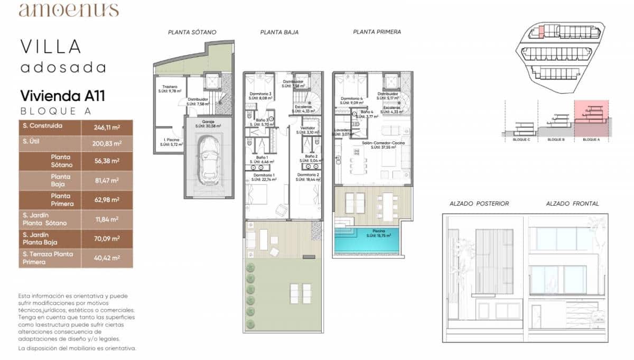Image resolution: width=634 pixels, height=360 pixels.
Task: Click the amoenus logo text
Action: (x=69, y=10)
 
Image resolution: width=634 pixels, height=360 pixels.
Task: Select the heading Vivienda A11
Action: (x=62, y=96)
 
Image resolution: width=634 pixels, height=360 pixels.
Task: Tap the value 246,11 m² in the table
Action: (x=107, y=127)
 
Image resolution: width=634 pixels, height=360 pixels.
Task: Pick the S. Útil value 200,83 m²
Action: (x=107, y=143)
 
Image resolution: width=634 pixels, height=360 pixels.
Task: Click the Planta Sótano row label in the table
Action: (x=61, y=161)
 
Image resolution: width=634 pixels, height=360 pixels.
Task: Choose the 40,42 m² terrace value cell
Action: (x=107, y=258)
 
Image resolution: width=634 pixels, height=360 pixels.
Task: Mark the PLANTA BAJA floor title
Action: (x=279, y=32)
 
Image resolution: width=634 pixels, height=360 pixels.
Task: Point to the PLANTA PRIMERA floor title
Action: (x=377, y=32)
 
